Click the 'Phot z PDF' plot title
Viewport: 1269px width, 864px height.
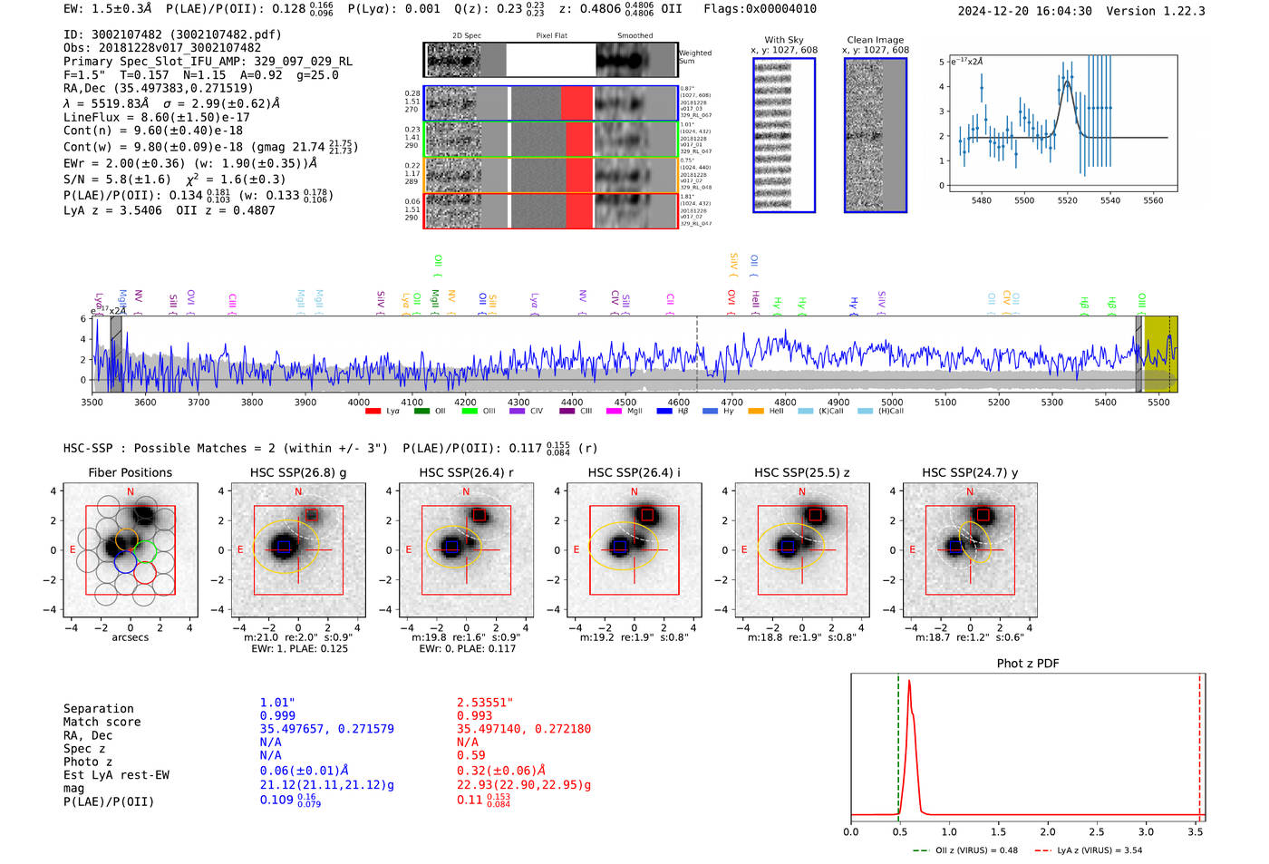(1028, 664)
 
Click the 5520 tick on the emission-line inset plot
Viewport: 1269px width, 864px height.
(1067, 200)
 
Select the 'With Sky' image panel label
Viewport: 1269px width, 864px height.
(783, 40)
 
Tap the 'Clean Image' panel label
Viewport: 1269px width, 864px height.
(875, 40)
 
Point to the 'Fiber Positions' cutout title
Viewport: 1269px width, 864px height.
(130, 472)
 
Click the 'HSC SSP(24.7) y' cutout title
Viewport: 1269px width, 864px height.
(970, 472)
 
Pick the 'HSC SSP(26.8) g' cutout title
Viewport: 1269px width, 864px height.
(298, 472)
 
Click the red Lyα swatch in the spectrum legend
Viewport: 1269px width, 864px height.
(373, 412)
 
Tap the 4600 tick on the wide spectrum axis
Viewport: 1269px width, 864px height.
(678, 402)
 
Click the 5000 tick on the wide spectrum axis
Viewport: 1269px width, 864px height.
(892, 402)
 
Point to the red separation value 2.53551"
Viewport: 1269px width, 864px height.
(485, 703)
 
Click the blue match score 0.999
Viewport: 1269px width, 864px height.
(277, 716)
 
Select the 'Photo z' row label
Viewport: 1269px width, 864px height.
(88, 762)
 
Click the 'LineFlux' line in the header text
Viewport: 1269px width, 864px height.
(156, 117)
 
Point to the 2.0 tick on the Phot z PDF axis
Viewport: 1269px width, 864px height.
(1047, 831)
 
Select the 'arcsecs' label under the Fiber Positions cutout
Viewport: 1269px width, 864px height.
(130, 637)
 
